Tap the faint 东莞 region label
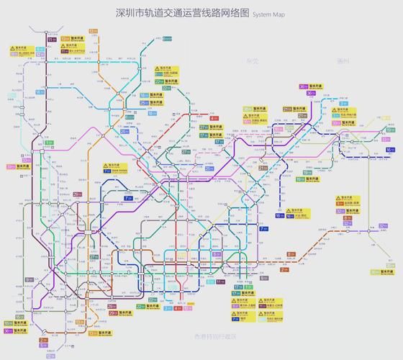click(x=253, y=62)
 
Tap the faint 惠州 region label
click(x=343, y=62)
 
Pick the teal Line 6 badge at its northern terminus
click(x=167, y=38)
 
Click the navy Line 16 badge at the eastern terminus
click(x=389, y=150)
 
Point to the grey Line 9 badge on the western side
click(x=29, y=279)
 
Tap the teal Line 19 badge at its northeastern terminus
click(x=307, y=173)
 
